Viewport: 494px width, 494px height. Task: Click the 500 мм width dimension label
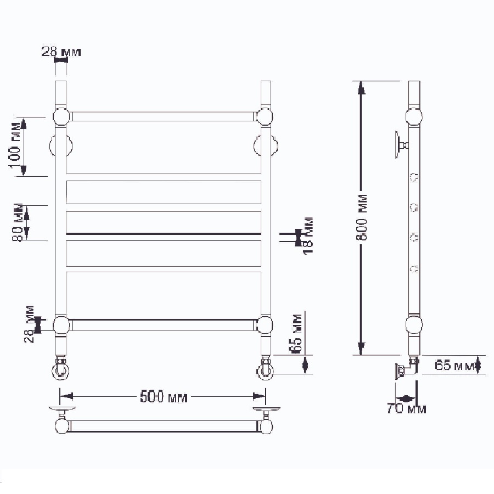click(x=164, y=397)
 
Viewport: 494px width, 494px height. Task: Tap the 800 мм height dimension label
click(x=362, y=217)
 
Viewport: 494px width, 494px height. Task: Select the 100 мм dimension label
click(x=16, y=145)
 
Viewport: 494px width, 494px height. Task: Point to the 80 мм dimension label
click(x=18, y=222)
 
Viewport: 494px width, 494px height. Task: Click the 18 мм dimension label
click(x=307, y=235)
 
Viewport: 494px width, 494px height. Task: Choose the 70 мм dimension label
click(x=406, y=408)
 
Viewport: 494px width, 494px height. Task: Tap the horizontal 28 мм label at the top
click(x=61, y=52)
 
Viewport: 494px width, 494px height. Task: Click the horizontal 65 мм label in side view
click(x=454, y=365)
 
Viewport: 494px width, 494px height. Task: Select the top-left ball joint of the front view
click(x=61, y=116)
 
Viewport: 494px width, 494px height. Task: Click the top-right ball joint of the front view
click(x=264, y=116)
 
